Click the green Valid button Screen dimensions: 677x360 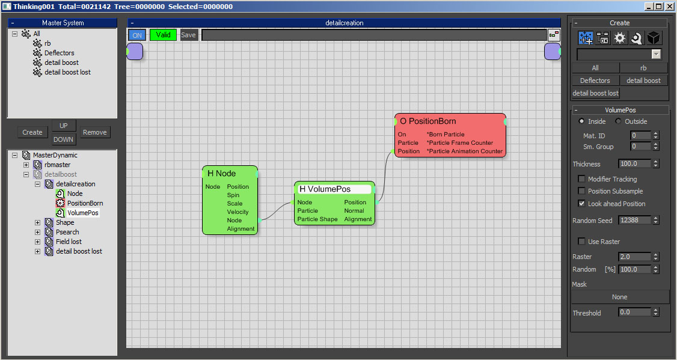pos(163,35)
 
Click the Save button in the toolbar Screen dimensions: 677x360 pos(188,35)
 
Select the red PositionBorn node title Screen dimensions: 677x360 pos(428,121)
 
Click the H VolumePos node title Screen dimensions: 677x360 pos(325,189)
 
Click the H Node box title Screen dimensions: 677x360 pos(221,174)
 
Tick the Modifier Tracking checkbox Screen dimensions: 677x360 pos(581,178)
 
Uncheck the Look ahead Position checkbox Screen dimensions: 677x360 pos(581,203)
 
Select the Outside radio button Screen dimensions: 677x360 pos(618,121)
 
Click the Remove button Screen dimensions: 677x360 pos(94,132)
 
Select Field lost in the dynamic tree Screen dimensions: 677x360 pos(69,242)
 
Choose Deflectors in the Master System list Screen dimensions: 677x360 pos(59,53)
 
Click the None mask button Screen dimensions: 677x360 pos(619,297)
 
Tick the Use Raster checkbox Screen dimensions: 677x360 pos(581,241)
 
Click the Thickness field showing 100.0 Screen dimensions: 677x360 pos(634,163)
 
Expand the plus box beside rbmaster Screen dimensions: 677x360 pos(26,165)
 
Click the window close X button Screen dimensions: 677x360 pos(669,7)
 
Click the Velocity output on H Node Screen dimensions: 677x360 pos(238,212)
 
